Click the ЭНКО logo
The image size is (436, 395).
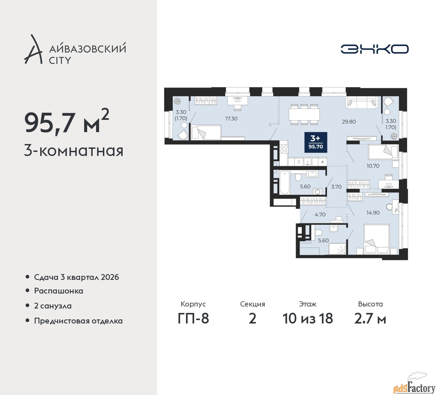pyautogui.click(x=374, y=49)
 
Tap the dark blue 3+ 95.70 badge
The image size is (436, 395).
pyautogui.click(x=316, y=142)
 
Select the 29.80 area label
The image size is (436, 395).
pyautogui.click(x=349, y=122)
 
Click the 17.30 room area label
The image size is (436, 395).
pyautogui.click(x=231, y=118)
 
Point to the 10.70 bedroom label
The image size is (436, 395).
pyautogui.click(x=373, y=166)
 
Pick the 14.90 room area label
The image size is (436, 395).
pyautogui.click(x=373, y=213)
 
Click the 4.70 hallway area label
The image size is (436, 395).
pyautogui.click(x=320, y=215)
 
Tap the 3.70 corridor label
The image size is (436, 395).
pyautogui.click(x=336, y=187)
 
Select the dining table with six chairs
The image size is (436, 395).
pyautogui.click(x=304, y=114)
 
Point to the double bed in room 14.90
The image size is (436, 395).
pyautogui.click(x=377, y=239)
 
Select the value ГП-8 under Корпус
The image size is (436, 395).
pyautogui.click(x=193, y=318)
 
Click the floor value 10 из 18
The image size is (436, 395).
pyautogui.click(x=308, y=318)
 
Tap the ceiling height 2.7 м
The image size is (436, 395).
pyautogui.click(x=370, y=319)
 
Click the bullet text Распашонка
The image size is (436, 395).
pyautogui.click(x=59, y=291)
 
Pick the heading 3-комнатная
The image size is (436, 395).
pyautogui.click(x=74, y=151)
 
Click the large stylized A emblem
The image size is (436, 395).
pyautogui.click(x=33, y=49)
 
